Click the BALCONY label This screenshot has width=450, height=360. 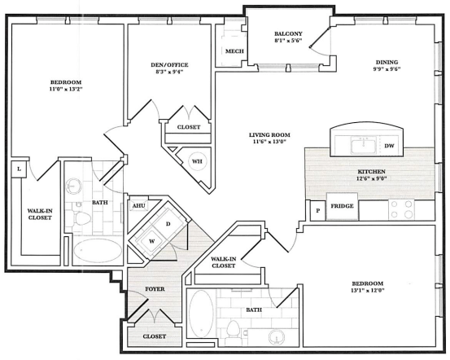pyautogui.click(x=288, y=33)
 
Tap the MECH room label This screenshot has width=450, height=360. pyautogui.click(x=234, y=51)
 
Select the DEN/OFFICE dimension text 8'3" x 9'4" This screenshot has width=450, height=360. pyautogui.click(x=169, y=72)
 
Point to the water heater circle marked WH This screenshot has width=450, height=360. pyautogui.click(x=197, y=161)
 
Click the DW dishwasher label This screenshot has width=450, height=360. pyautogui.click(x=389, y=146)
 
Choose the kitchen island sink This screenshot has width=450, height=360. pyautogui.click(x=363, y=145)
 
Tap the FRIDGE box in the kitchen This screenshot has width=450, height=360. pyautogui.click(x=342, y=206)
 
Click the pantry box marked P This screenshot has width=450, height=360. pyautogui.click(x=317, y=211)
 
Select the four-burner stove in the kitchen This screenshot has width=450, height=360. pyautogui.click(x=401, y=209)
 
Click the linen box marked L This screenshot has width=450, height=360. pyautogui.click(x=19, y=169)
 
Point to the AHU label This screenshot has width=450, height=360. pyautogui.click(x=139, y=206)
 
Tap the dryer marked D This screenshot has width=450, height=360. pyautogui.click(x=168, y=224)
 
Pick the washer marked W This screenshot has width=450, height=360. pyautogui.click(x=151, y=241)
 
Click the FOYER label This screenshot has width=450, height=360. pyautogui.click(x=155, y=289)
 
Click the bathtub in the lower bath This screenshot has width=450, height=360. pyautogui.click(x=201, y=314)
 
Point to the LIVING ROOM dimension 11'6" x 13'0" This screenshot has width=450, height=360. pyautogui.click(x=269, y=142)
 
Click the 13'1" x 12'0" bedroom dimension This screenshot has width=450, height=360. pyautogui.click(x=367, y=290)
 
